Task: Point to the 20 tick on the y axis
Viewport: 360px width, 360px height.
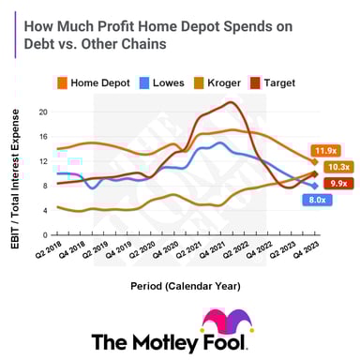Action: coord(42,112)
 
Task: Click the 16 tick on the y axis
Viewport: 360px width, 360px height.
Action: coord(42,136)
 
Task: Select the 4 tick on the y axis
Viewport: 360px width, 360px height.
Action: coord(44,209)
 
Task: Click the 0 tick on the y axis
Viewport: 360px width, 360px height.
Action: coord(44,233)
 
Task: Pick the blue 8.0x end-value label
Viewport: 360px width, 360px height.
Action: coord(316,200)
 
